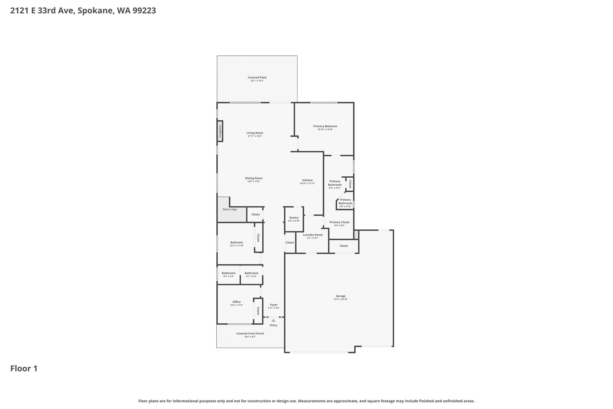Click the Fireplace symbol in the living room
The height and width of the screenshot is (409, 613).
pos(220,131)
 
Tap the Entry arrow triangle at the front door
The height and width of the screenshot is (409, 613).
pos(273,320)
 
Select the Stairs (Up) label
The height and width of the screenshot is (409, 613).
pos(230,209)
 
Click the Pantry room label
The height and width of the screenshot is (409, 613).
pos(294,218)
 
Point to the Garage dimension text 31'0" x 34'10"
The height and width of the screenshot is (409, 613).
pos(341,299)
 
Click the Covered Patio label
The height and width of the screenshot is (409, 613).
pos(257,77)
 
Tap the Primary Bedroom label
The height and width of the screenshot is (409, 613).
pos(325,126)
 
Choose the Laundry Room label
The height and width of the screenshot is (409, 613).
pos(313,235)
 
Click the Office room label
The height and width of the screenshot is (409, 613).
pos(236,302)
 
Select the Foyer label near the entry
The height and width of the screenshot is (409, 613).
pos(274,305)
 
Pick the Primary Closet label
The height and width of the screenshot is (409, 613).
pos(339,222)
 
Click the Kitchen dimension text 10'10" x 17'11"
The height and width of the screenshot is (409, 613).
pos(307,183)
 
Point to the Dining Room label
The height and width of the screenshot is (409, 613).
pos(254,178)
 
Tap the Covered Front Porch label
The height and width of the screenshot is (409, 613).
pos(250,333)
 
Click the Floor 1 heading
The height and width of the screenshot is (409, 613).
pos(24,369)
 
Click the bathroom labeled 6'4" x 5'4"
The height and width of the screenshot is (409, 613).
pos(228,274)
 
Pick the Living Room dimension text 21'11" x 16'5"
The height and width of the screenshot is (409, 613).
pos(255,136)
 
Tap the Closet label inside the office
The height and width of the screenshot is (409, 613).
pos(258,311)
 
